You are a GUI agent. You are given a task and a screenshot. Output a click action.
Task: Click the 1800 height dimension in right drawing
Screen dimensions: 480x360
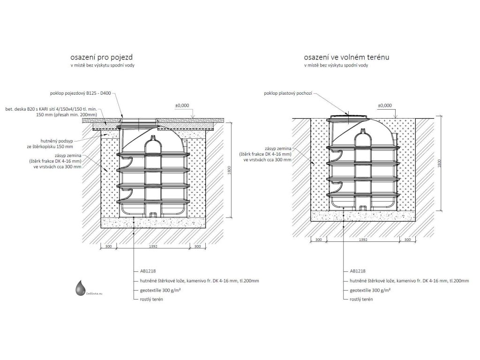click(439, 163)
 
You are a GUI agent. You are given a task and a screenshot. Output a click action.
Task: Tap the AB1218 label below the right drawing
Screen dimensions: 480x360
click(357, 271)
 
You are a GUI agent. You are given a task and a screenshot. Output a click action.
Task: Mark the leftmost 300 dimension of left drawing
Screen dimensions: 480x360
click(108, 246)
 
